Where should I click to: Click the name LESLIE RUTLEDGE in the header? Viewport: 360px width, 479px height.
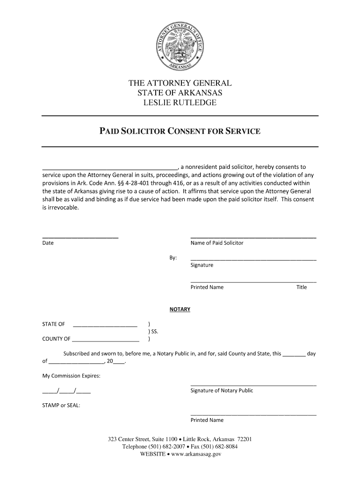pyautogui.click(x=180, y=102)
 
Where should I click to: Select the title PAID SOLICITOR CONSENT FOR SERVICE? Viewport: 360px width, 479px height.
pyautogui.click(x=180, y=131)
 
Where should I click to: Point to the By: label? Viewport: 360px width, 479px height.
pyautogui.click(x=173, y=258)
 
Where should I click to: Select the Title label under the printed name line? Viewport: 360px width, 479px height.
pyautogui.click(x=301, y=287)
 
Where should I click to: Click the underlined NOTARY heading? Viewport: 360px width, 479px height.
pyautogui.click(x=180, y=310)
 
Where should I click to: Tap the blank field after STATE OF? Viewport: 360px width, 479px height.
pyautogui.click(x=105, y=325)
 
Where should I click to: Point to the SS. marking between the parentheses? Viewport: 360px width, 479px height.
pyautogui.click(x=154, y=332)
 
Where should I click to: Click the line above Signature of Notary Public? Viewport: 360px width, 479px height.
pyautogui.click(x=253, y=385)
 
